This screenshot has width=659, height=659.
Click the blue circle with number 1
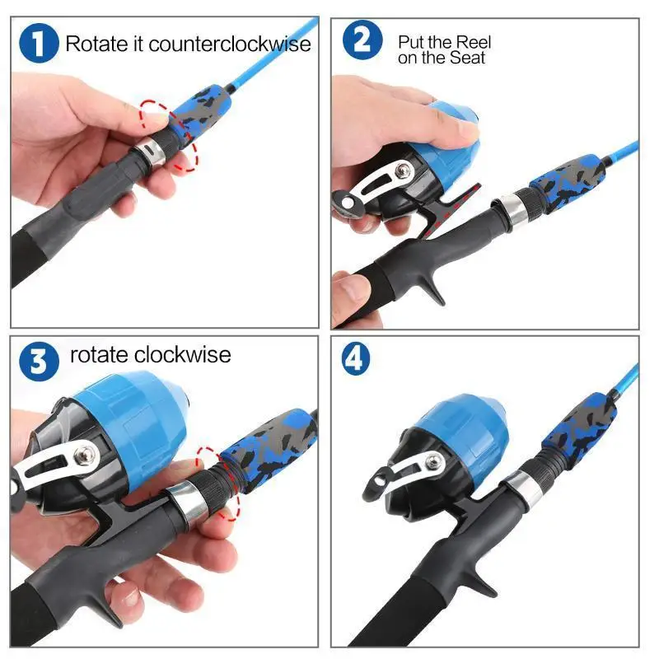pos(39,44)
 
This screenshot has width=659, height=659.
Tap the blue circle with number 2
pos(362,40)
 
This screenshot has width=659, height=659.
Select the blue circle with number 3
pos(39,362)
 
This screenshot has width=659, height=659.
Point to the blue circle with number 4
pos(356,358)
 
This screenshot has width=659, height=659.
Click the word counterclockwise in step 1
pos(230,44)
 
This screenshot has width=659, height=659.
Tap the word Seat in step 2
pos(469,58)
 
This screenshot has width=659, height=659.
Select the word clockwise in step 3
pos(183,355)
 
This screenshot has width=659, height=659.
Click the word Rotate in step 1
pos(96,44)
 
